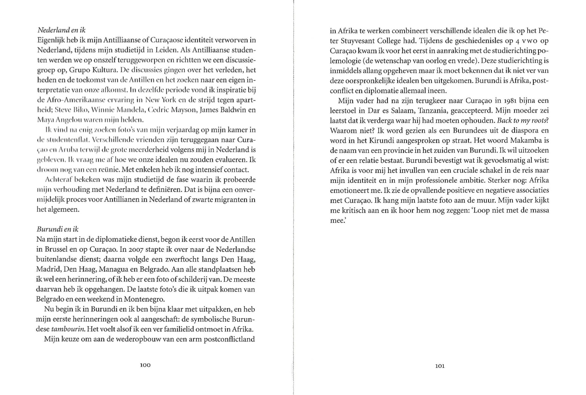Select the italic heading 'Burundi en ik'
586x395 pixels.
pyautogui.click(x=57, y=229)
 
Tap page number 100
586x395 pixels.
pyautogui.click(x=145, y=365)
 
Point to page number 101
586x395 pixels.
pyautogui.click(x=440, y=366)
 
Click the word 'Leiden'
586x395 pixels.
pyautogui.click(x=166, y=50)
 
